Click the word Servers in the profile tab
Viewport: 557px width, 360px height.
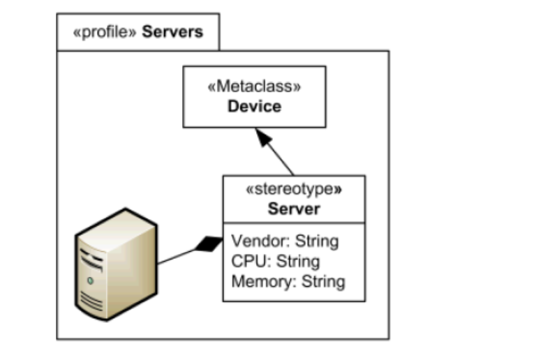tap(173, 33)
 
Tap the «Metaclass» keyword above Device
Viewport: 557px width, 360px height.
tap(254, 88)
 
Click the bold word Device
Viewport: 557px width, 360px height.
tap(254, 107)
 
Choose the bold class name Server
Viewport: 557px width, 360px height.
tap(294, 209)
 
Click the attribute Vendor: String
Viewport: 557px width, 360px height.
tap(285, 241)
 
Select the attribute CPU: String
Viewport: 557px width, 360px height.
tap(275, 262)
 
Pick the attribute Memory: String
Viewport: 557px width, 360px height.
tap(288, 281)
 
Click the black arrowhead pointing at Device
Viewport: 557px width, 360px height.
tap(265, 138)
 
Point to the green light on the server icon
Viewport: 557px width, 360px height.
tap(90, 281)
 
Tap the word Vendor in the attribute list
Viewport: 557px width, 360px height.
tap(254, 241)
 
